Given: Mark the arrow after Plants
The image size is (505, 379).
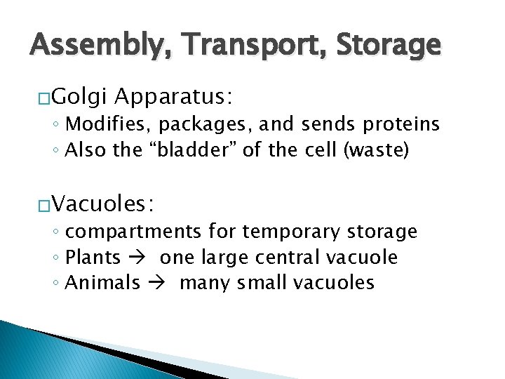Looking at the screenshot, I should [140, 258].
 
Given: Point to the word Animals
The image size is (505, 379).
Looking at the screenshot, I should [102, 283].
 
